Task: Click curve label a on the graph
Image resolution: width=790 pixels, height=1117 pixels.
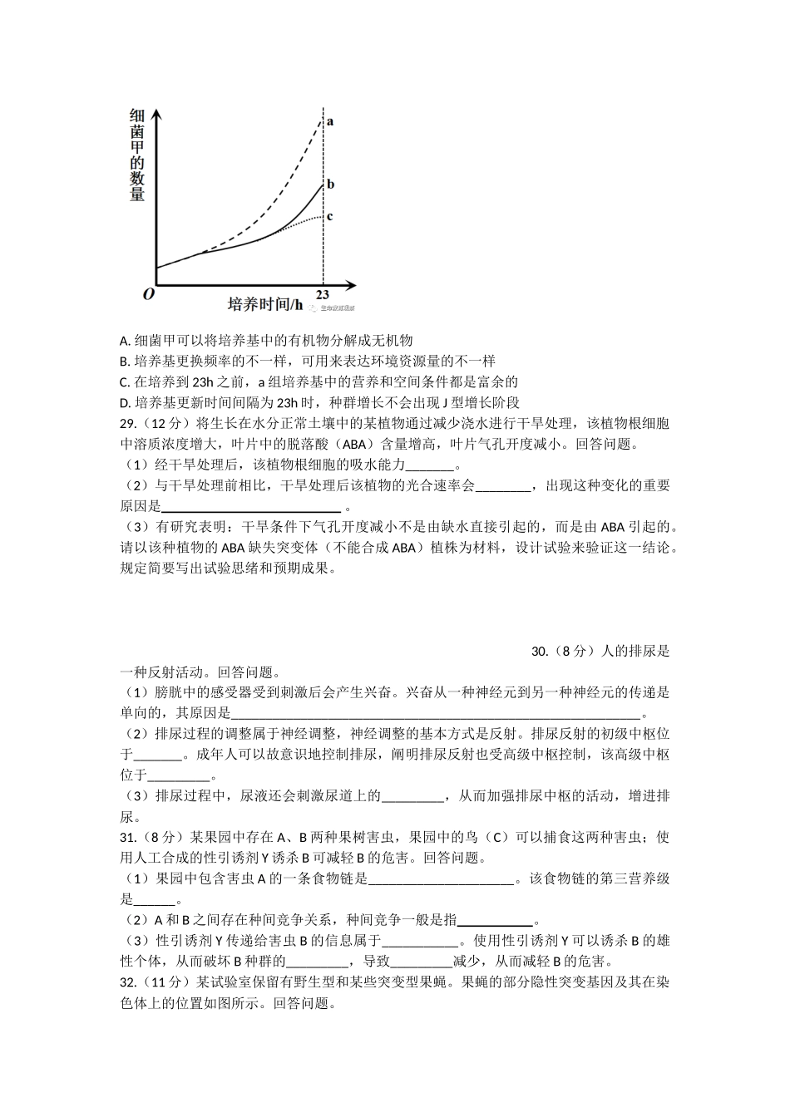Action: click(330, 121)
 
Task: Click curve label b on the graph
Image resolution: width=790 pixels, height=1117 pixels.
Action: click(330, 185)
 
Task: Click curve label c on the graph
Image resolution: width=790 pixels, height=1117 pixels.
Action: click(330, 217)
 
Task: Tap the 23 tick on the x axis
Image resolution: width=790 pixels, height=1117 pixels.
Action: click(323, 295)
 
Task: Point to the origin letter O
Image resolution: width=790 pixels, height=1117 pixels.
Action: click(148, 294)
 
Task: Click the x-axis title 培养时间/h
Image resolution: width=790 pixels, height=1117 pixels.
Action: click(265, 304)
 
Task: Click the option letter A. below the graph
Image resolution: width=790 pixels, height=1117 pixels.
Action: click(125, 341)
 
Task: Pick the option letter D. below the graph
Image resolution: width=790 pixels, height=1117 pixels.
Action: click(125, 403)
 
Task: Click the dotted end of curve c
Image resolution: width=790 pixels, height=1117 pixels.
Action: click(321, 217)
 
